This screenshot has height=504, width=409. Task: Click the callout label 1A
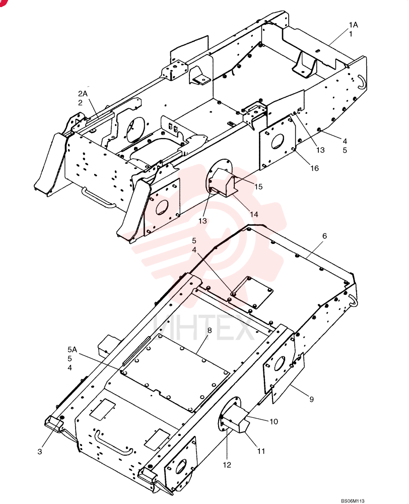click(x=354, y=25)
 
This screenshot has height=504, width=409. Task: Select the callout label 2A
click(x=83, y=94)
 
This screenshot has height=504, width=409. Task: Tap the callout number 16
click(x=314, y=168)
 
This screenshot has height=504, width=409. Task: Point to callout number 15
click(x=258, y=186)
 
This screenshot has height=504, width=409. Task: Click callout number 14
click(x=254, y=214)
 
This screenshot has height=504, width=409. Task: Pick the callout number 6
click(x=324, y=236)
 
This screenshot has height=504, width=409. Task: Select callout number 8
click(x=210, y=331)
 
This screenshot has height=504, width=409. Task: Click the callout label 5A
click(x=73, y=349)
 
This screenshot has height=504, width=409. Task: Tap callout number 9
click(x=311, y=399)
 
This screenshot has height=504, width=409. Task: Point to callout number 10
click(x=274, y=421)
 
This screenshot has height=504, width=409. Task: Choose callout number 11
click(x=261, y=451)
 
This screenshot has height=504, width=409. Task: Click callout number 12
click(x=227, y=465)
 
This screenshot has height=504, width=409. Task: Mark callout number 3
click(x=39, y=452)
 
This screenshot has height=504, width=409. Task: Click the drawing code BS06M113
click(x=353, y=501)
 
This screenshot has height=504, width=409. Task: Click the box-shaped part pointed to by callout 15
click(x=224, y=182)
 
